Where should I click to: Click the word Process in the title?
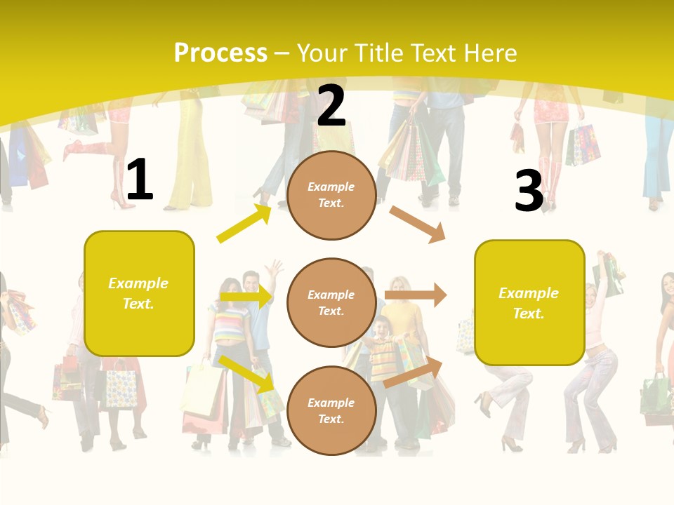tap(220, 53)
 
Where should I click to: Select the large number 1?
tap(139, 180)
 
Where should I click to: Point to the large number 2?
tap(331, 106)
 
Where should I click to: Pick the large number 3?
tap(529, 191)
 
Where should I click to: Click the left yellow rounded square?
tap(139, 293)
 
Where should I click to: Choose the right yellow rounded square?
tap(529, 302)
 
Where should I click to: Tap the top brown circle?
tap(331, 195)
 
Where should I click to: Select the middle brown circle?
tap(331, 302)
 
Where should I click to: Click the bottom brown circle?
tap(331, 410)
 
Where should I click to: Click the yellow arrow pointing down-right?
tap(246, 373)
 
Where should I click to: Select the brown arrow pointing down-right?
tap(418, 224)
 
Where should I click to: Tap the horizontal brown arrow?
tap(415, 295)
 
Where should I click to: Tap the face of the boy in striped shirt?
tap(381, 328)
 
